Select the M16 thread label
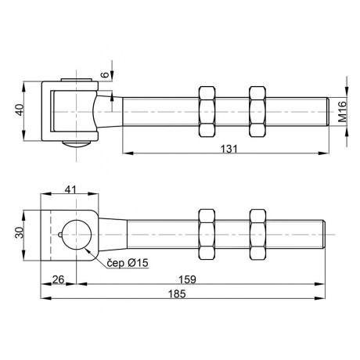tap(342, 114)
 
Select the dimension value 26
tap(57, 279)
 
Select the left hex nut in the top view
tap(207, 112)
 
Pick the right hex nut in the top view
tap(257, 112)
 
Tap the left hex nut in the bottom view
tap(207, 234)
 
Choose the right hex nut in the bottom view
tap(257, 234)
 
